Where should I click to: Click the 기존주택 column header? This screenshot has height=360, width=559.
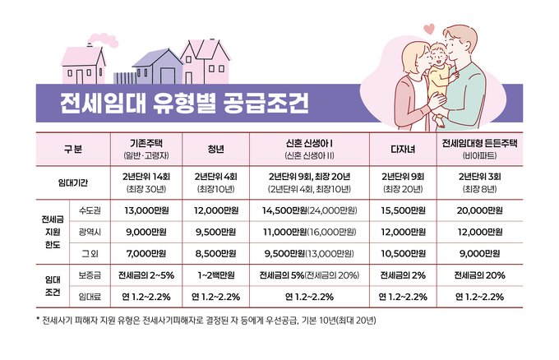(145, 143)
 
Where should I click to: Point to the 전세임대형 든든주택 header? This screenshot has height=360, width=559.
(482, 143)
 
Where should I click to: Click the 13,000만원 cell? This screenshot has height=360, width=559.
(145, 211)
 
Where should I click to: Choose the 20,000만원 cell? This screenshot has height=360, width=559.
(482, 211)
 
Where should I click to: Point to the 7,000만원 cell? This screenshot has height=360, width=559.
(145, 253)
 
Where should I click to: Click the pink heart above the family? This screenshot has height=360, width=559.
(428, 29)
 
